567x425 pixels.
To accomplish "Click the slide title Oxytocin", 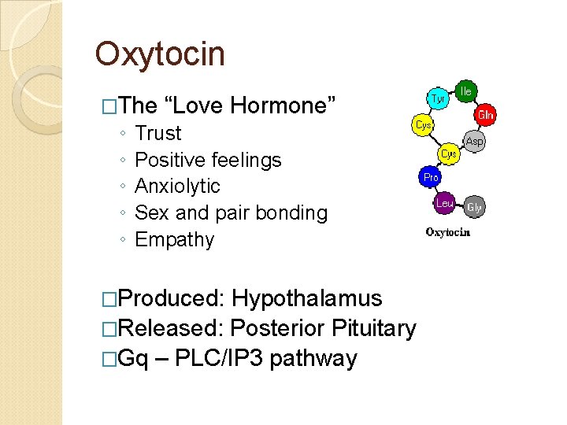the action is click(x=160, y=54).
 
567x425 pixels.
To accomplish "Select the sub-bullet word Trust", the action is click(x=157, y=133).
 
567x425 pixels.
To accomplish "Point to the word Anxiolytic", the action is click(x=177, y=187).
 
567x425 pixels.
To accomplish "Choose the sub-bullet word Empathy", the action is click(x=174, y=239).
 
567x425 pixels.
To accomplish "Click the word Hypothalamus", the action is click(x=307, y=299).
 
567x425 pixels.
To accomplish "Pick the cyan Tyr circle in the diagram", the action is click(x=439, y=98).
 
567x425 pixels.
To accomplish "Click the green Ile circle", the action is click(x=466, y=91).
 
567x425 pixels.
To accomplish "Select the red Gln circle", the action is click(x=485, y=114).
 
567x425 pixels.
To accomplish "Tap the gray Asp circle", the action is click(x=474, y=142).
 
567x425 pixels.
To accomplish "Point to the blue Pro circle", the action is click(x=431, y=177).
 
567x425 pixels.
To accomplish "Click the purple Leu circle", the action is click(x=445, y=204).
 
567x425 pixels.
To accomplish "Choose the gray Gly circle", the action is click(x=474, y=207).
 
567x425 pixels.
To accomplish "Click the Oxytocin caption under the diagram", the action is click(x=448, y=232).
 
